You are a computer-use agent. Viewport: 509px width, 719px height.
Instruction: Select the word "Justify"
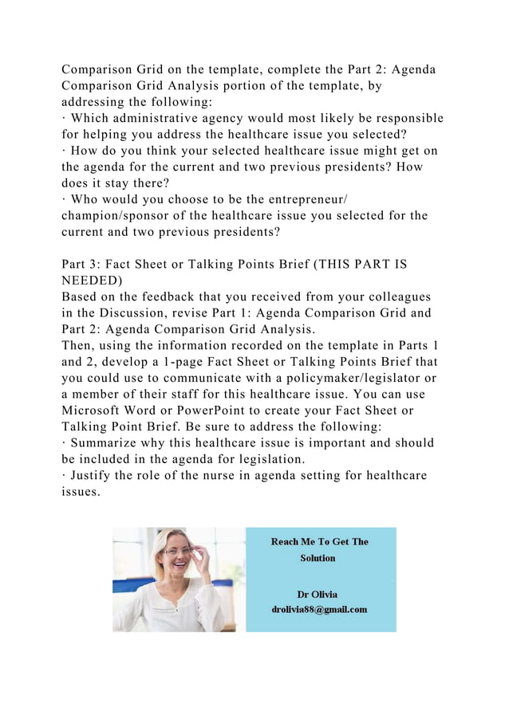[93, 475]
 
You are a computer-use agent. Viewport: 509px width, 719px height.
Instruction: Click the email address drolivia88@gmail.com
[319, 610]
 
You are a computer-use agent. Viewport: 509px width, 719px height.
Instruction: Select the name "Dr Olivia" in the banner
[317, 595]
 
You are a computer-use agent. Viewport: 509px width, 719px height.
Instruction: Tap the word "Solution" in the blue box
[318, 558]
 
